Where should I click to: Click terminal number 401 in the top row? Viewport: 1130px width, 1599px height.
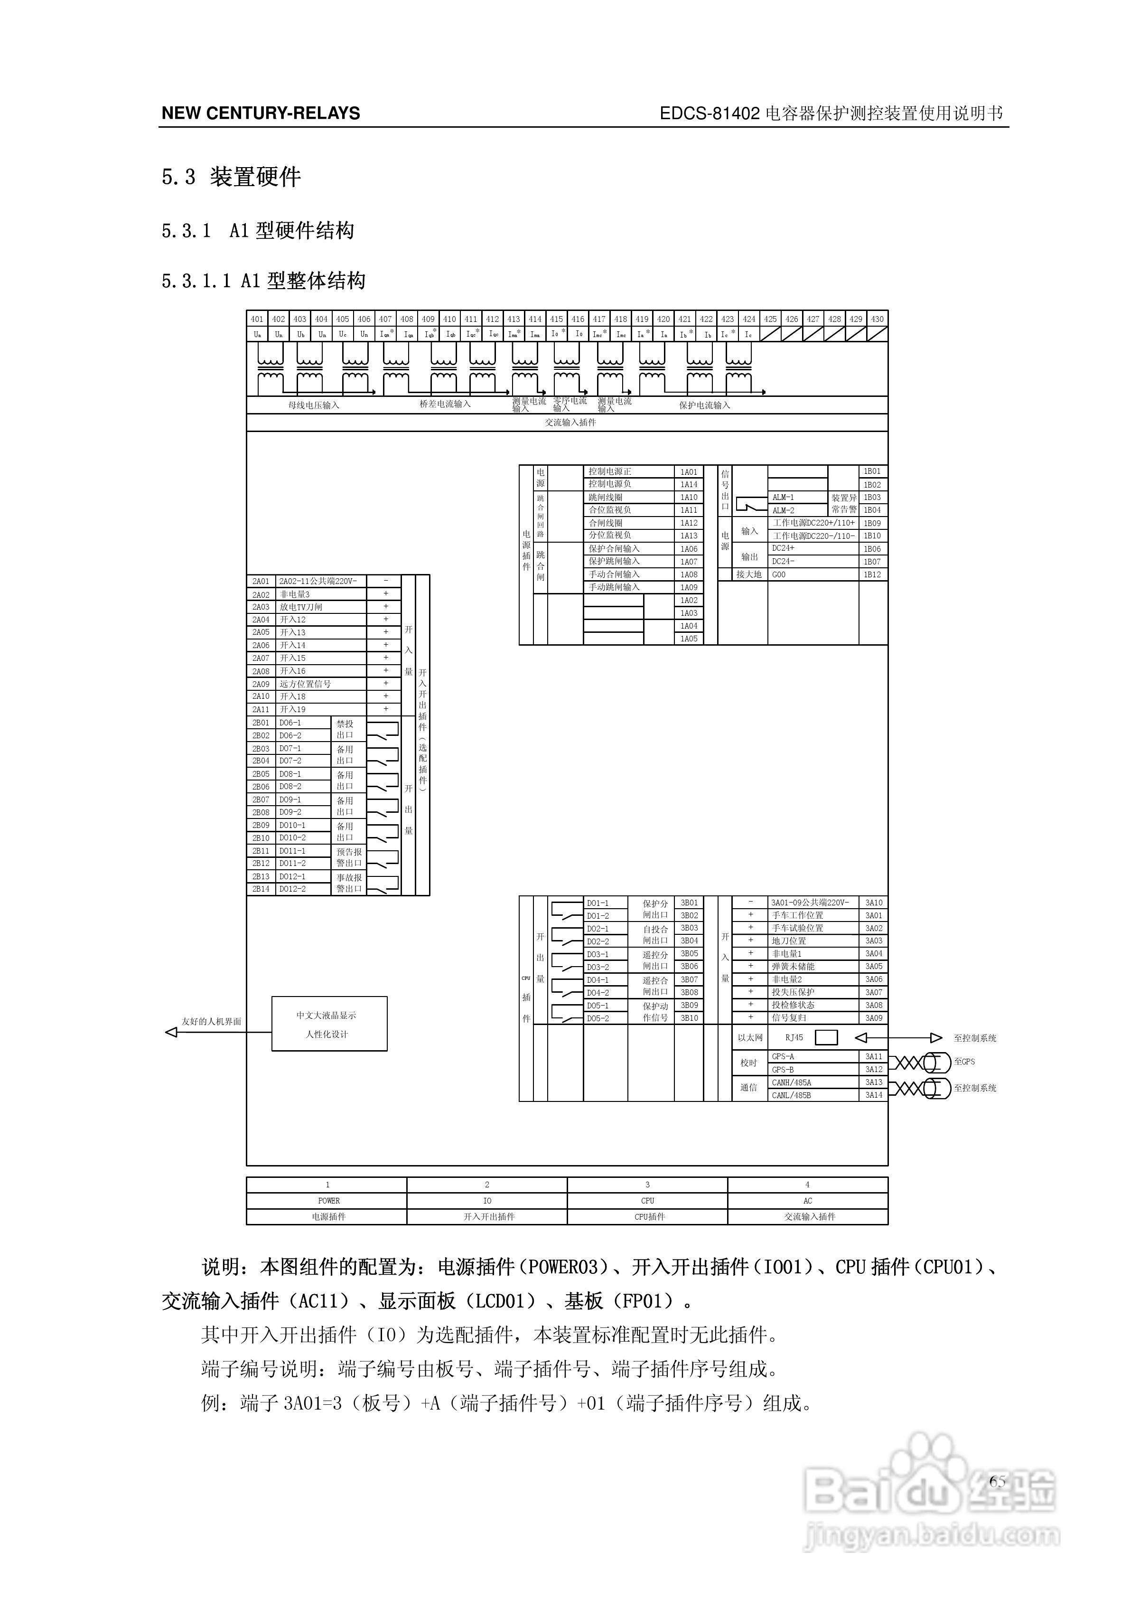coord(257,319)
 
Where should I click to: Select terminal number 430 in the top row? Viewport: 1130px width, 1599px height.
coord(877,319)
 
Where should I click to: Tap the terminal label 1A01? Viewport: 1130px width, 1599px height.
coord(689,471)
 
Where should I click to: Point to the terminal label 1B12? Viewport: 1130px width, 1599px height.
coord(872,574)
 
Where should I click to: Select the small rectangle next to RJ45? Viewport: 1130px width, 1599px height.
coord(826,1038)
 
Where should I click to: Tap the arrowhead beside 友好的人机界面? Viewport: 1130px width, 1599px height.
coord(170,1032)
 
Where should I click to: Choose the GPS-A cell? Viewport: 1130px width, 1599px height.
coord(783,1056)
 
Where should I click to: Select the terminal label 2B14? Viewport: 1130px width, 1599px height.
coord(261,889)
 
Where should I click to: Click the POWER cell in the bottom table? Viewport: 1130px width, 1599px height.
coord(328,1201)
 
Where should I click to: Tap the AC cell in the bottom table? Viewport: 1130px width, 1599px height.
coord(808,1201)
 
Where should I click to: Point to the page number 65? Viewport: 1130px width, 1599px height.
coord(997,1481)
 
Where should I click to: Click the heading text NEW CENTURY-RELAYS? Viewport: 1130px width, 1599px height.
coord(261,113)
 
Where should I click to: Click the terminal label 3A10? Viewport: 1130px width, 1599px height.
coord(874,903)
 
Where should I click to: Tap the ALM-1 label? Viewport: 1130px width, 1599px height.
coord(783,497)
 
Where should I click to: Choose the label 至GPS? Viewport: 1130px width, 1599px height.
coord(964,1062)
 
